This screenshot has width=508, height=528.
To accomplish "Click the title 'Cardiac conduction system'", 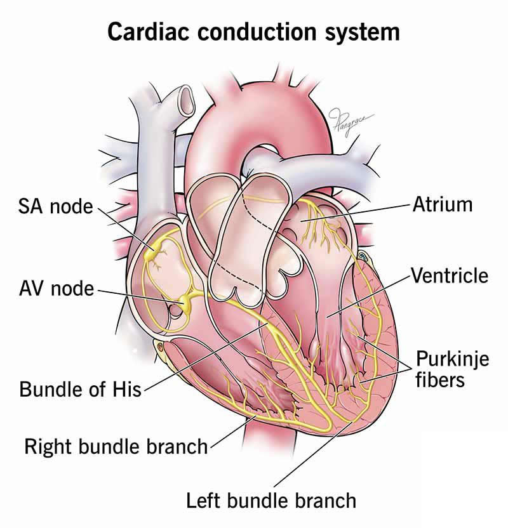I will click(253, 30).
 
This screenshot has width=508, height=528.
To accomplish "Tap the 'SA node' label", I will click(55, 206).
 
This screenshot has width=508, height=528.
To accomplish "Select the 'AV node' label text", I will click(55, 290).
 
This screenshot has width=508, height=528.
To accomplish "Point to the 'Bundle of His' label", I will click(80, 388).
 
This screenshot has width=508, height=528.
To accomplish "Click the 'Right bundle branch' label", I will click(116, 446).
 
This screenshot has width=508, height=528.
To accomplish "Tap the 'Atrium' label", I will click(443, 204).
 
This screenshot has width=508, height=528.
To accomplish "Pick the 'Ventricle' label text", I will click(450, 276).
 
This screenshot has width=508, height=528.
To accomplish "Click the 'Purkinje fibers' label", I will click(452, 369).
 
